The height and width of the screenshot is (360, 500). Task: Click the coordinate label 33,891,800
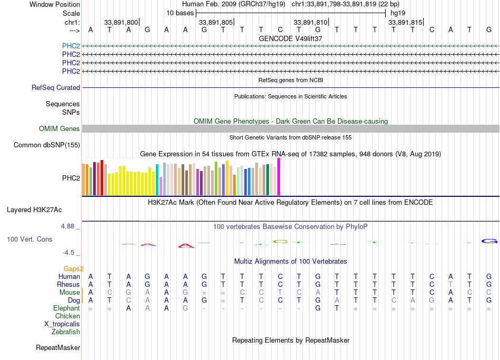point(121,22)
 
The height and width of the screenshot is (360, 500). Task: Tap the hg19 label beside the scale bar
point(397,13)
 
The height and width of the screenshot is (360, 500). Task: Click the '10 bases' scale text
point(180,13)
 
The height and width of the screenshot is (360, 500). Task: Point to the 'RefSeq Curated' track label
point(56,87)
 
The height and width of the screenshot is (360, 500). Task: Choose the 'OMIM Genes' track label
point(59,128)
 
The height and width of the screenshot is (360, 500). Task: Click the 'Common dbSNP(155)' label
point(47,145)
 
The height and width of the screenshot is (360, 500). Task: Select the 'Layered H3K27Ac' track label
point(34,209)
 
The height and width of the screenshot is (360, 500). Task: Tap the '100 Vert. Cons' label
point(29,239)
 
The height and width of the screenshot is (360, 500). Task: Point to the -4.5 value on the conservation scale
point(69,252)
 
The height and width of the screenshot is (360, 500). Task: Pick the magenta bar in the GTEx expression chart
point(279,177)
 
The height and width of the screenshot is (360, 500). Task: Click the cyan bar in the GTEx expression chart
point(157,180)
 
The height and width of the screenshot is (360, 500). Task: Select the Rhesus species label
point(68,284)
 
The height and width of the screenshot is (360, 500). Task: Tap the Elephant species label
point(66,308)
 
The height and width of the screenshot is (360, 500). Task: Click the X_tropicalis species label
point(62,324)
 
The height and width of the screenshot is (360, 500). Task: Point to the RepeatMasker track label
point(58,347)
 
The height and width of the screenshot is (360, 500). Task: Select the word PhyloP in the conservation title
point(356,226)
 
